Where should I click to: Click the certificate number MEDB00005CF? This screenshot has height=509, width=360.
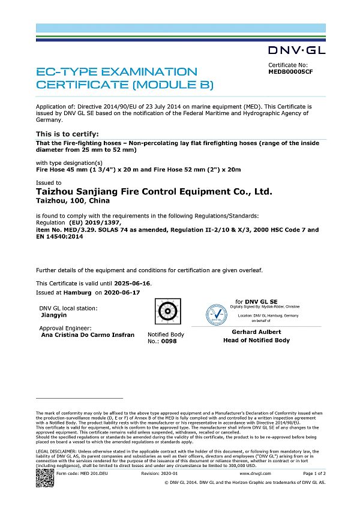[x=290, y=70]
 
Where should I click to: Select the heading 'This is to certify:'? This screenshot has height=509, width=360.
[x=68, y=134]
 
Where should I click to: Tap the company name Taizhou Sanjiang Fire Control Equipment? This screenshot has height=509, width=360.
[x=154, y=191]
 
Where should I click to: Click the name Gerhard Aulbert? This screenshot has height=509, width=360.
[x=256, y=332]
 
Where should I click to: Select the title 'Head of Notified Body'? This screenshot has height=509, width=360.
[x=256, y=340]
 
